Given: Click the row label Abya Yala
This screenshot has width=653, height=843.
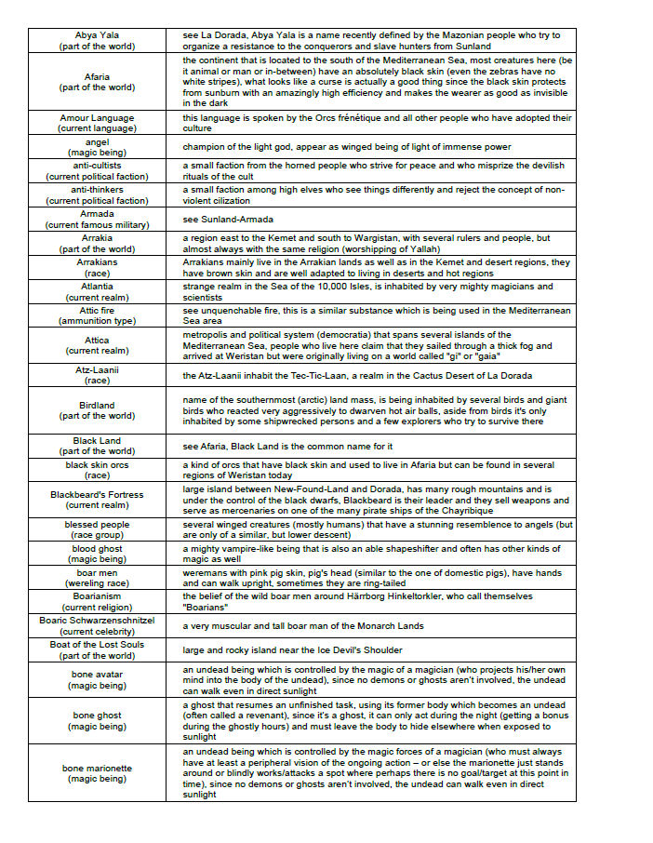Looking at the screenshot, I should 97,35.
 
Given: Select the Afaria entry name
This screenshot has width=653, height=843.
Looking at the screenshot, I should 97,76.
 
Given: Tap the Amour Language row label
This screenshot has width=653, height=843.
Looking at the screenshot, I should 97,118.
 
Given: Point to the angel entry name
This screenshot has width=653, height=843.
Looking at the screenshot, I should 97,141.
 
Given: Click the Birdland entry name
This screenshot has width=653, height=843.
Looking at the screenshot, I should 97,406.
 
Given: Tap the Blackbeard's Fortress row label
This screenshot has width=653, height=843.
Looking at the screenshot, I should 97,495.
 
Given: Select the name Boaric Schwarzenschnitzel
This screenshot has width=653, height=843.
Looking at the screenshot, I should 97,620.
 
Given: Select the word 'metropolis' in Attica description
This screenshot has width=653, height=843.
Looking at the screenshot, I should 207,335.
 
